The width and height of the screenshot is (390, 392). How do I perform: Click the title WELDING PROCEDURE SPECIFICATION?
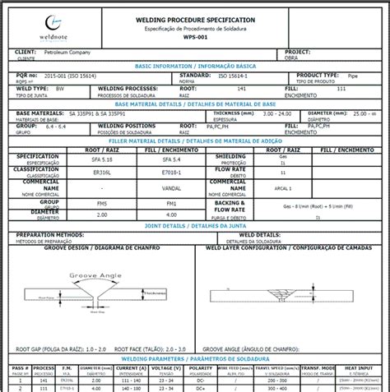[194, 19]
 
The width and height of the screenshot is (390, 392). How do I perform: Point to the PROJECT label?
[285, 51]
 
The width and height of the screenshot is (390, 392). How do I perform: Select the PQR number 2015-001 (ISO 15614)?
[85, 74]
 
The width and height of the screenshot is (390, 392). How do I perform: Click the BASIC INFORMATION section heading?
[194, 64]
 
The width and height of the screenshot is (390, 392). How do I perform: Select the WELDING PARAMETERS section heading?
[194, 358]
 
